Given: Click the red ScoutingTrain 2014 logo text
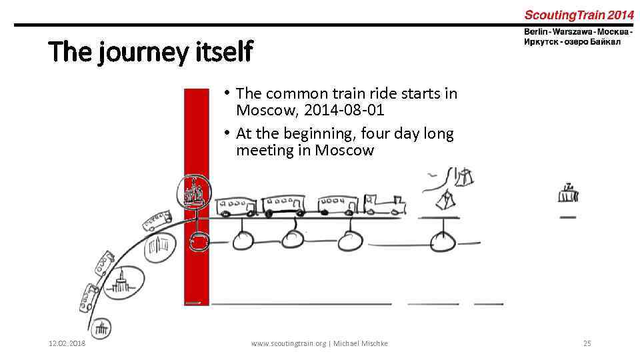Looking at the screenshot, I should coord(579,14).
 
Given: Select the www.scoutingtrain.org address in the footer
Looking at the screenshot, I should coord(288,343).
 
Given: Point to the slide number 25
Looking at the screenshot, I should coord(587,343).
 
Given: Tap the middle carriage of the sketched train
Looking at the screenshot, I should coord(283,206).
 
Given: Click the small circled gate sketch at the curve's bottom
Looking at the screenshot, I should coord(102,328).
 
